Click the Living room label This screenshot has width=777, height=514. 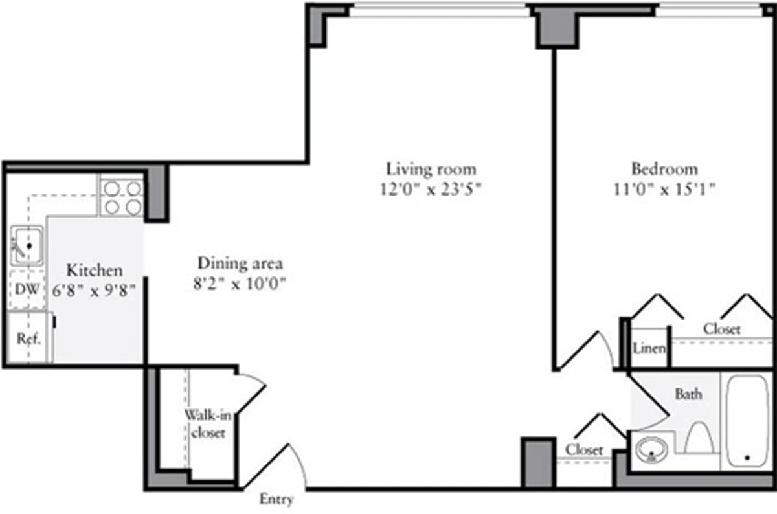[x=431, y=170]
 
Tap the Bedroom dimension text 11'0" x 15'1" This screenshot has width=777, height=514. [x=665, y=190]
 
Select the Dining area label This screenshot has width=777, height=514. [x=240, y=263]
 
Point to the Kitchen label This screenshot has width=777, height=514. [x=95, y=270]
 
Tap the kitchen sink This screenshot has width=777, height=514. [x=26, y=245]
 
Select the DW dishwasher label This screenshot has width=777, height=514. [x=26, y=290]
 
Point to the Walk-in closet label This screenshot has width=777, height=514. [x=205, y=425]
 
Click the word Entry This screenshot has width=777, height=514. [x=276, y=499]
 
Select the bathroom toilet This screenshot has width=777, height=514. [x=699, y=438]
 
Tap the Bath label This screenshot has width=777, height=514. [x=688, y=394]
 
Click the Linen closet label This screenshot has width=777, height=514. [x=649, y=349]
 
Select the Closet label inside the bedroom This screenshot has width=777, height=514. [x=721, y=329]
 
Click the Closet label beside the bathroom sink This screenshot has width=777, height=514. [x=584, y=449]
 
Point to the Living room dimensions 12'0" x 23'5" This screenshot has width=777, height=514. [x=431, y=190]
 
